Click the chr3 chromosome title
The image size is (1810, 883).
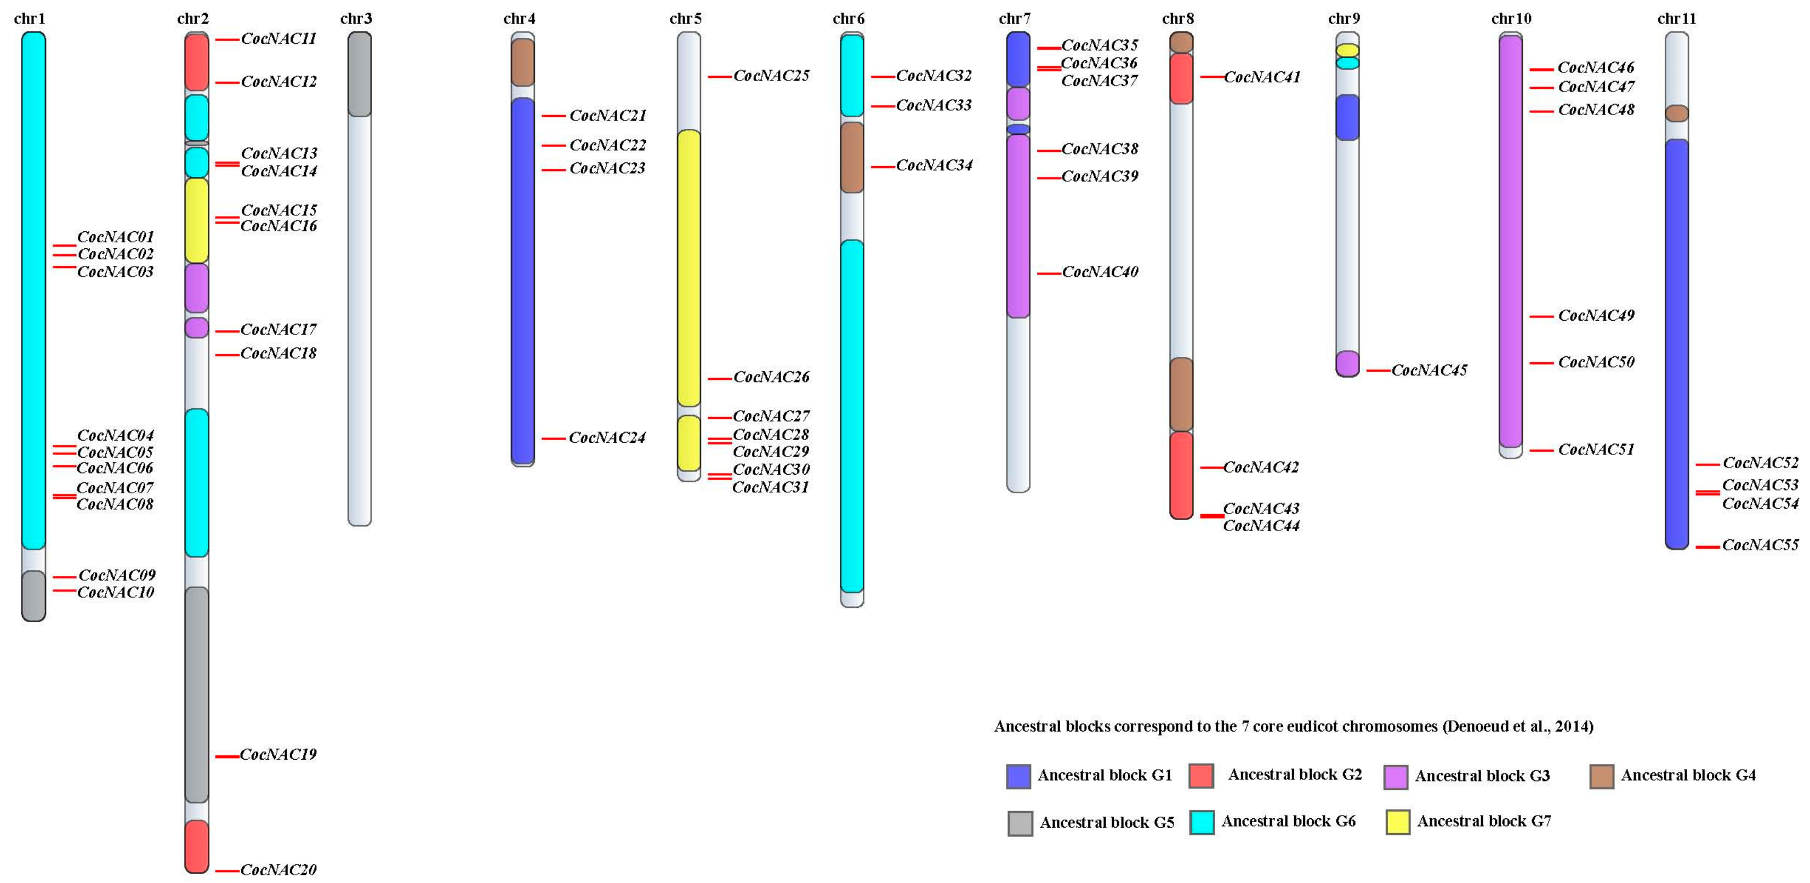[356, 18]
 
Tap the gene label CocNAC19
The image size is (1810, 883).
[278, 754]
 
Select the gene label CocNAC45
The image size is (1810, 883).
[1429, 370]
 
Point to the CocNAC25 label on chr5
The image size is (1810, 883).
[771, 75]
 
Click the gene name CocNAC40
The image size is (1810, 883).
[1100, 272]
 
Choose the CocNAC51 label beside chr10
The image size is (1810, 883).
[1596, 449]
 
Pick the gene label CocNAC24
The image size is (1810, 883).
[607, 437]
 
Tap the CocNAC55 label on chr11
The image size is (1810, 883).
[1760, 545]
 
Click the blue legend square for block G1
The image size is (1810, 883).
[1018, 776]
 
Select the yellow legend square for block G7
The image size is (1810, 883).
[1398, 822]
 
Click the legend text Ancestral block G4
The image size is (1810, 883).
[1688, 776]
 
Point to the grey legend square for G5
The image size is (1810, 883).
[1020, 823]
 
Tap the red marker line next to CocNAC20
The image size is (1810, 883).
[226, 871]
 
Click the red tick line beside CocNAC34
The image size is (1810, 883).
[883, 167]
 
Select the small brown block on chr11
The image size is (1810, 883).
[1676, 113]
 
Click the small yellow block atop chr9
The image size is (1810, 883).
[1347, 50]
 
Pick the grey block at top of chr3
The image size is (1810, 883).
[360, 75]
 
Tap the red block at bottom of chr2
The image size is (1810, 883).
[197, 846]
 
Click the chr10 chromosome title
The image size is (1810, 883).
[1511, 18]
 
